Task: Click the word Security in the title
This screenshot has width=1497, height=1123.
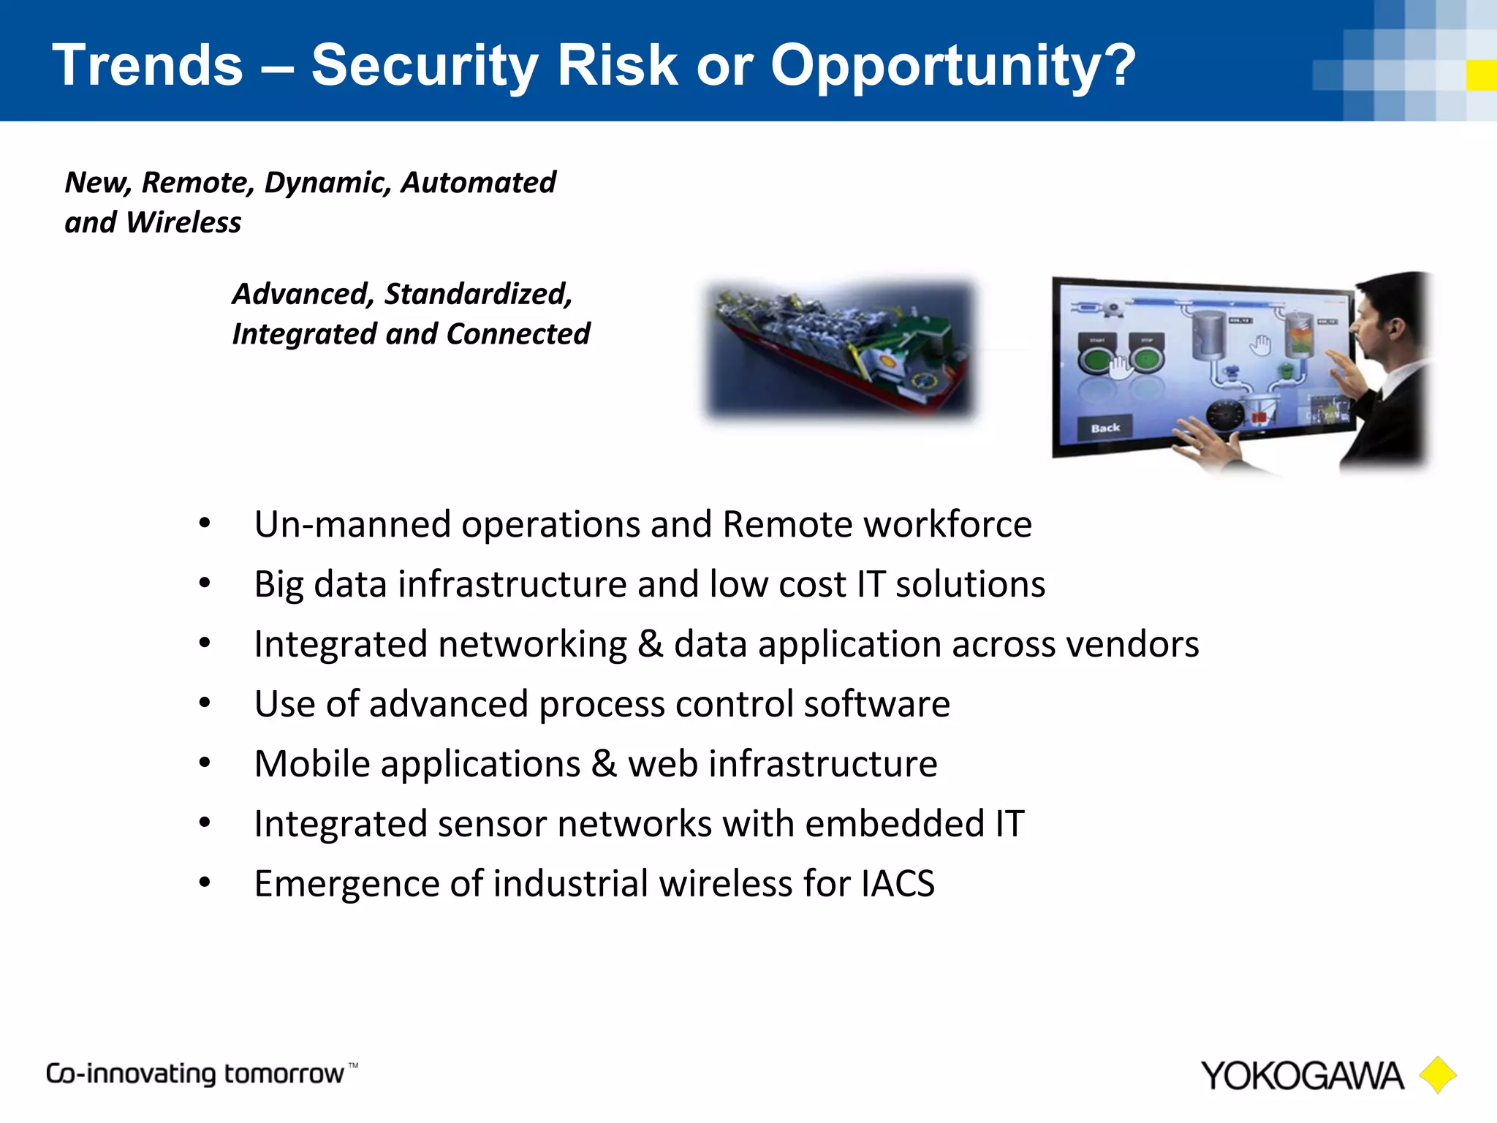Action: pyautogui.click(x=424, y=66)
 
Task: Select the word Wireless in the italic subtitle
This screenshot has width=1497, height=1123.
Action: pyautogui.click(x=183, y=222)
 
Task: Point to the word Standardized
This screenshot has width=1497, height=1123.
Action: pyautogui.click(x=478, y=294)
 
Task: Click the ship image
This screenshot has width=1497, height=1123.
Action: pyautogui.click(x=841, y=349)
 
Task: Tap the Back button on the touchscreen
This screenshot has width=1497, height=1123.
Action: pyautogui.click(x=1104, y=428)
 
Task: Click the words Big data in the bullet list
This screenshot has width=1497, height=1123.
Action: pyautogui.click(x=319, y=584)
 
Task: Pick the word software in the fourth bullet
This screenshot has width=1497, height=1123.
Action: pyautogui.click(x=876, y=704)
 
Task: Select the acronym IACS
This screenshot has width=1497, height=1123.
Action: pyautogui.click(x=897, y=884)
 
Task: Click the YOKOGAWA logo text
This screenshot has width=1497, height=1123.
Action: pyautogui.click(x=1302, y=1076)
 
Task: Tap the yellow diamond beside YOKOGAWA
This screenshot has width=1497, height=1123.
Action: pyautogui.click(x=1437, y=1075)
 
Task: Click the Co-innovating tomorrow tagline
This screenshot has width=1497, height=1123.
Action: pyautogui.click(x=195, y=1073)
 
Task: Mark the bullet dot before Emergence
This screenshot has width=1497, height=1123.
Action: pyautogui.click(x=205, y=882)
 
